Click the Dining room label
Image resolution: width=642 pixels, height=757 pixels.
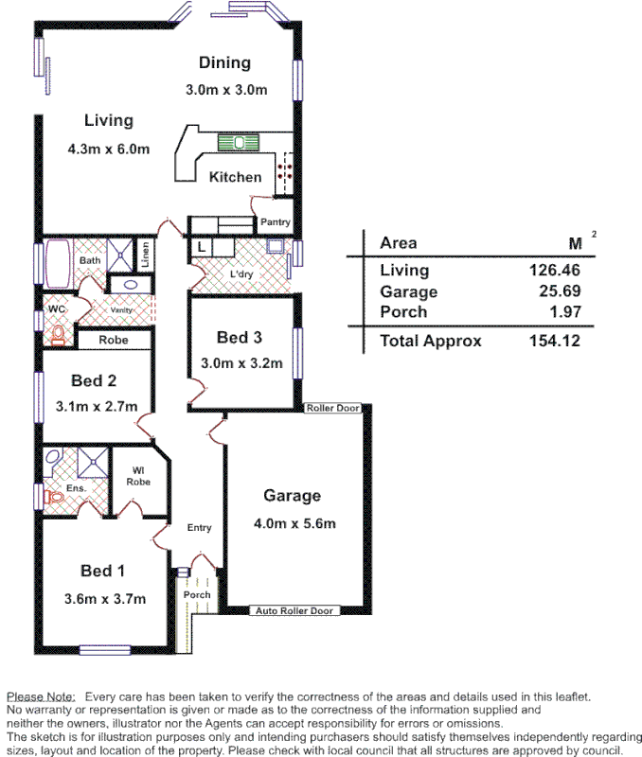point(224,63)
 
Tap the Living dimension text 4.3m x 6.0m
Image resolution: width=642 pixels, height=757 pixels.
point(109,150)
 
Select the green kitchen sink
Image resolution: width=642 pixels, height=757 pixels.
point(239,143)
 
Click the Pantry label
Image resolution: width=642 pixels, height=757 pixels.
point(275,222)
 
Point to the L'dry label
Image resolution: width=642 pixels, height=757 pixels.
point(241,275)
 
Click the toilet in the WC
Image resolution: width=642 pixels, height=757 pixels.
point(59,334)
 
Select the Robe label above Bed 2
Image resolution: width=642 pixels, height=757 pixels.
point(115,340)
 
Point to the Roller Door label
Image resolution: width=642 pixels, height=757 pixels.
point(332,408)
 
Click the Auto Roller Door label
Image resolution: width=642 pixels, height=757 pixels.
point(294,611)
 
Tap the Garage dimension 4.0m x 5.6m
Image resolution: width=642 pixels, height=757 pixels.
point(293,523)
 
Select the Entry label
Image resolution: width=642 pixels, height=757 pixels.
point(199,528)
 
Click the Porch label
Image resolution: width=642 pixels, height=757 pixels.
point(197,595)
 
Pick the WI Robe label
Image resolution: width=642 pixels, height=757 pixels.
point(138,475)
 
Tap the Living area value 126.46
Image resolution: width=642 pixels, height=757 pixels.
point(554,271)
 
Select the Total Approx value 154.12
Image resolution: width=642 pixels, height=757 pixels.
point(554,342)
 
